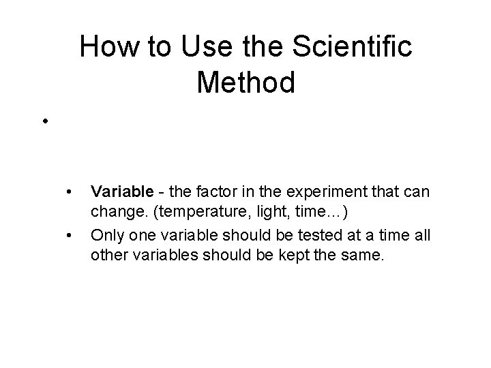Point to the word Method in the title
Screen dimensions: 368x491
coord(245,82)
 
